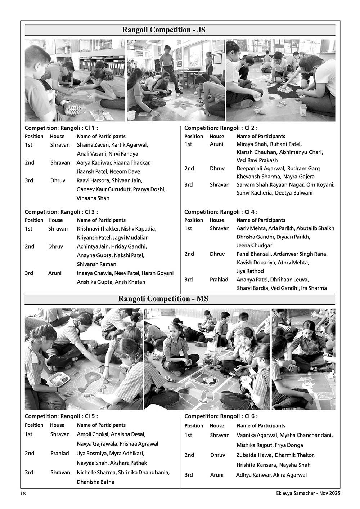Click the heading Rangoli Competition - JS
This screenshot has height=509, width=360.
[164, 30]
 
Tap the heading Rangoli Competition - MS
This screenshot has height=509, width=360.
[163, 299]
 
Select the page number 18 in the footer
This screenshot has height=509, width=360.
[23, 494]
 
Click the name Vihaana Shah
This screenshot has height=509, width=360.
[93, 198]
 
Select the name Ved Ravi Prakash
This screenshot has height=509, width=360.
[257, 160]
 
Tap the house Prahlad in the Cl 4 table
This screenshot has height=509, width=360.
[219, 280]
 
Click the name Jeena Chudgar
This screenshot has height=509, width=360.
[254, 245]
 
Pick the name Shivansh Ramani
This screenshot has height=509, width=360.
[97, 264]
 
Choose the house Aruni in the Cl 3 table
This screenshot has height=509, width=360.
[55, 273]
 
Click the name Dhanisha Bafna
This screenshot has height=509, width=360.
[95, 482]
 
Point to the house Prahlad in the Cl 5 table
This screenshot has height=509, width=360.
[59, 453]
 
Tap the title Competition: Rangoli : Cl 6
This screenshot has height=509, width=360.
[221, 416]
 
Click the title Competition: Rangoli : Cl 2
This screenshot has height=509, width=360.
[221, 128]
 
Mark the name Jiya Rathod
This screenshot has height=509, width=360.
[250, 271]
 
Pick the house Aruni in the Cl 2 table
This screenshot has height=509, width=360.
[216, 144]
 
